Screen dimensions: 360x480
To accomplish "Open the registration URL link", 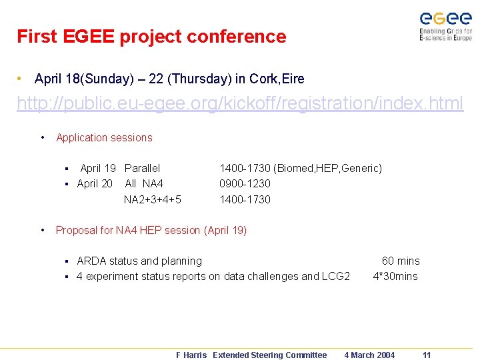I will click(240, 104).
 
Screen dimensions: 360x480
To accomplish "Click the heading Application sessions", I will click(104, 138).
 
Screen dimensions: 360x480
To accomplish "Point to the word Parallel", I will click(143, 169).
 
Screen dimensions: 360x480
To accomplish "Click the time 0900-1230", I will click(245, 183).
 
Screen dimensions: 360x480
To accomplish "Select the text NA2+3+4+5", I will click(153, 199).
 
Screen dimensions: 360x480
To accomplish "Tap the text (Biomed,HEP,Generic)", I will click(327, 169).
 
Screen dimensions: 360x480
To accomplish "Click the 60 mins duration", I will click(400, 261).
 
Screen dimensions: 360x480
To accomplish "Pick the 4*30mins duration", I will click(395, 276).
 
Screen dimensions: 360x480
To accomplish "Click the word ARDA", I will click(91, 261).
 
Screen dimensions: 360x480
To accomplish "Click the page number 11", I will click(427, 355).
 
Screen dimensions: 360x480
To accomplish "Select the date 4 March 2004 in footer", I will click(369, 355).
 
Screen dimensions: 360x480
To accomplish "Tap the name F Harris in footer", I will click(191, 355).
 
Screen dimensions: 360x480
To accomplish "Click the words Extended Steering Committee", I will click(269, 355).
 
